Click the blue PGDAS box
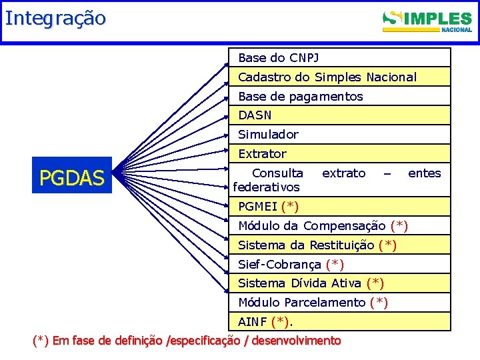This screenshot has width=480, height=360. pos(72,177)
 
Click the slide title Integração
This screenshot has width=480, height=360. pos(55,18)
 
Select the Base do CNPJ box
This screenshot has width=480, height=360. pos(283,58)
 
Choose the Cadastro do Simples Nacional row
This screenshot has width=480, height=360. pos(327,77)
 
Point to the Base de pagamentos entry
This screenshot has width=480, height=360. pos(300,97)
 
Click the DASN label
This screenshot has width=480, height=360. pos(255,115)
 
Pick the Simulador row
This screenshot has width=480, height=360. pos(268,135)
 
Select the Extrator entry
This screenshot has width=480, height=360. pos(262,154)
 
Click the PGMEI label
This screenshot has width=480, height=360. pos(258,207)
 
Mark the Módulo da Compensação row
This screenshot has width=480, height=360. pos(312,225)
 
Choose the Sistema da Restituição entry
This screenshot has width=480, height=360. pos(307,245)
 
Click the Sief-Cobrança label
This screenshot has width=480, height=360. pos(280,264)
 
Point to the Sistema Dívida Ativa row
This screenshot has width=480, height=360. pos(300,283)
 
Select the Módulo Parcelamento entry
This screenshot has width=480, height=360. pos(303,303)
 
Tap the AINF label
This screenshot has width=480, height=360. pos(253,322)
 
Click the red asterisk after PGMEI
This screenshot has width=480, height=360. pos(290,207)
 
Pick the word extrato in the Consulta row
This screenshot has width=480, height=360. pos(343,173)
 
